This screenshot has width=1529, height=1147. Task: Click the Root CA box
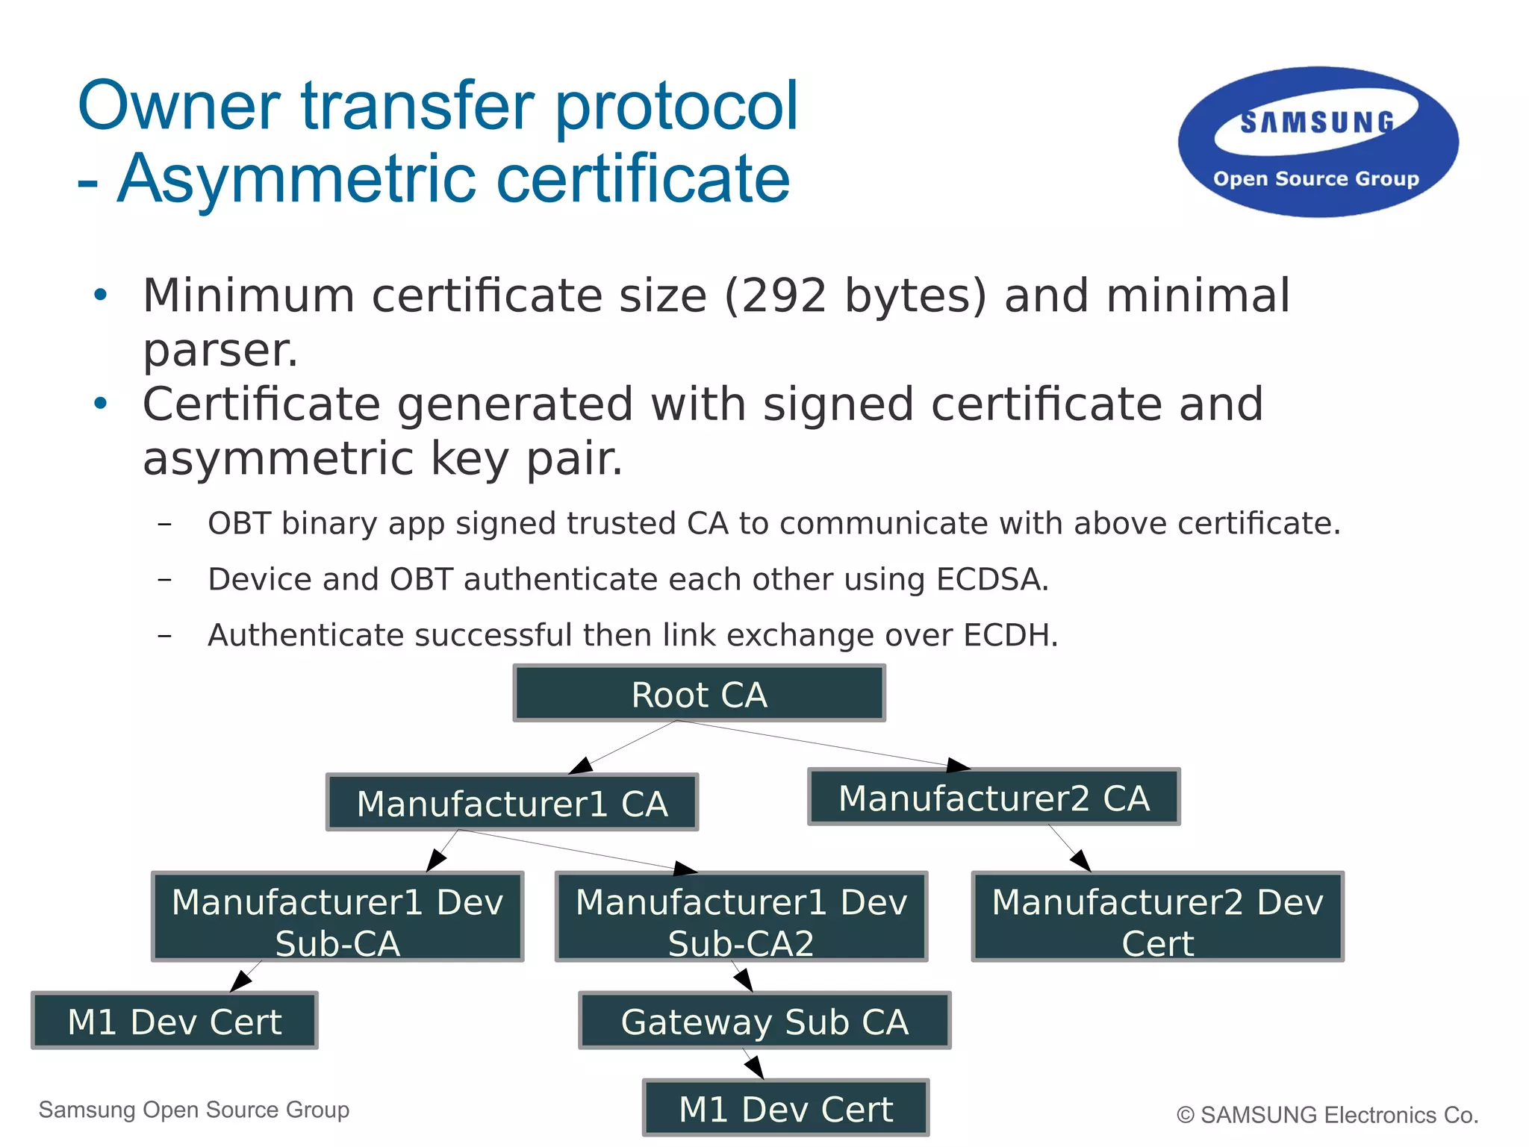699,694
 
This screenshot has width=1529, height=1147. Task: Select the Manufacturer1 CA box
512,803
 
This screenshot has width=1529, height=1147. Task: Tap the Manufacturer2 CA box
994,798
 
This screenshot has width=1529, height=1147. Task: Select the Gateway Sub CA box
764,1022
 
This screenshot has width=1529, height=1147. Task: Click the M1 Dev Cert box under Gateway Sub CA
785,1109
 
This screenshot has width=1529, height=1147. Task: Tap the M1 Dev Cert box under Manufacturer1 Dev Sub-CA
175,1022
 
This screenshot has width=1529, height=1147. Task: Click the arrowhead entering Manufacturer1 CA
581,766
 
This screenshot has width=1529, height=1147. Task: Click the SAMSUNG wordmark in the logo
1317,122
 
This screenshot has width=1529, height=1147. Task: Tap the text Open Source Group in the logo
1315,179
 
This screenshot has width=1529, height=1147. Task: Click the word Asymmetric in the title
297,179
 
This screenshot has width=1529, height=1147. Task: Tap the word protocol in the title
676,106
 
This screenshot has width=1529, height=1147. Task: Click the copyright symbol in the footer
1185,1115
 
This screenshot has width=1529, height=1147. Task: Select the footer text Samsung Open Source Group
194,1110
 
